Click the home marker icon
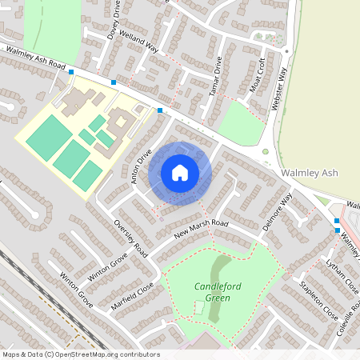pos(180,173)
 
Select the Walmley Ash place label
pos(312,173)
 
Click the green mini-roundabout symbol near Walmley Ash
pos(266,152)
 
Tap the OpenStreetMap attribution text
pos(81,354)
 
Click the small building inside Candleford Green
pos(198,307)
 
